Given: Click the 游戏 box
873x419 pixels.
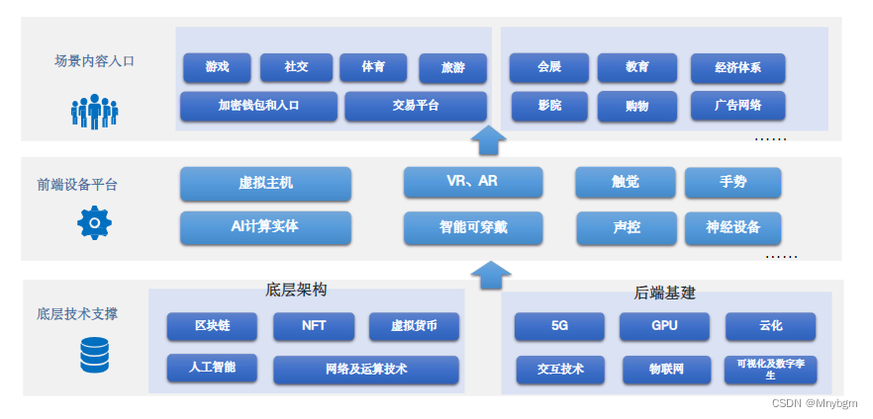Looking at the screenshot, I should click(x=217, y=67).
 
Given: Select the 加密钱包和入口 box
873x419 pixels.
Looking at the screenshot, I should click(x=258, y=106).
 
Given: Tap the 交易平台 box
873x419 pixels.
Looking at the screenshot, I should click(x=416, y=106).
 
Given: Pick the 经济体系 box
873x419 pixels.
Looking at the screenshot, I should click(x=737, y=68).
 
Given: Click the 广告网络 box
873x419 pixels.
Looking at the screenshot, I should click(x=737, y=105).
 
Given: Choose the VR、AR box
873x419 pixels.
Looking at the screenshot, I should click(x=473, y=182).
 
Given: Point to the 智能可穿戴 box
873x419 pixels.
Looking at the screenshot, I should click(x=473, y=227).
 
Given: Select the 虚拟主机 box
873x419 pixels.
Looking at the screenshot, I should click(x=265, y=184).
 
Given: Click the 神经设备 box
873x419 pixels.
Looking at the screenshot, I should click(x=732, y=228).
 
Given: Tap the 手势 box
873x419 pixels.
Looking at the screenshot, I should click(x=732, y=183).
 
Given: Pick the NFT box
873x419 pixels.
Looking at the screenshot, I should click(x=313, y=326).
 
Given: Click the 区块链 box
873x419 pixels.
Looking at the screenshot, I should click(x=212, y=326).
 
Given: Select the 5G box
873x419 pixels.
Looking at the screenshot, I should click(x=559, y=326).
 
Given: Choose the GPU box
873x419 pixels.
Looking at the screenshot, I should click(x=664, y=326).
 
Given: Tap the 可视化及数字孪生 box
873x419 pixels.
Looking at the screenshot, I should click(x=770, y=370).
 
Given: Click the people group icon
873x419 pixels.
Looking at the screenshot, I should click(x=94, y=110).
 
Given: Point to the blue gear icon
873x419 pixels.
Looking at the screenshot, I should click(x=94, y=223).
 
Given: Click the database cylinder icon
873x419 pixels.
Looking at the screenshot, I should click(x=94, y=355).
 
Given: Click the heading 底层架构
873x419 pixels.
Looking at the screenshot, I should click(x=296, y=291).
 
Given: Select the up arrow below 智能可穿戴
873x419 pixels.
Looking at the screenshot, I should click(x=488, y=274).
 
